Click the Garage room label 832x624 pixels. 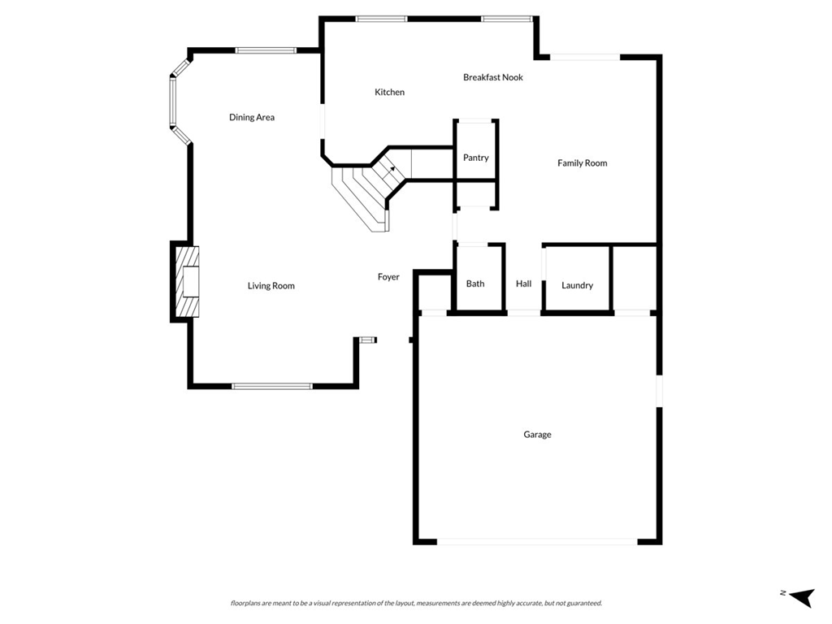point(537,435)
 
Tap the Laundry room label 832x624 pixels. point(577,285)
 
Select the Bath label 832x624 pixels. point(475,284)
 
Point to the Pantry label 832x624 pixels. point(475,158)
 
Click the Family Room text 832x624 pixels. point(582,163)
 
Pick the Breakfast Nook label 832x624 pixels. point(492,77)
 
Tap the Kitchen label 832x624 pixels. point(389,93)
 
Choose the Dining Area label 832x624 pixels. point(251,118)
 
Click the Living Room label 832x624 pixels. point(271,286)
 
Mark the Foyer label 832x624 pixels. point(388,277)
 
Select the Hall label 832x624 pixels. point(523,284)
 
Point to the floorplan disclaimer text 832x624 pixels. point(416,603)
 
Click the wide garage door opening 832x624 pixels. point(537,541)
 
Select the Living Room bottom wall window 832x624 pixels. point(272,386)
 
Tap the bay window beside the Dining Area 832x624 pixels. point(173,102)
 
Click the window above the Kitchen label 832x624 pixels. point(381,19)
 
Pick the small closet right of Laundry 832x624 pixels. point(633,278)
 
